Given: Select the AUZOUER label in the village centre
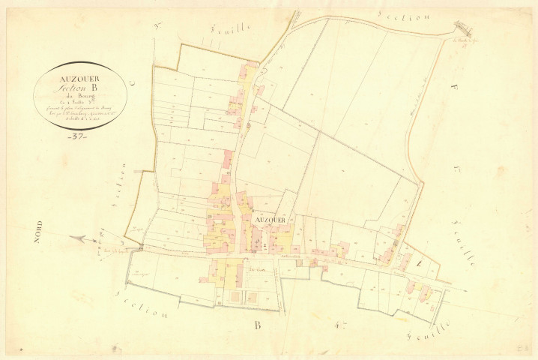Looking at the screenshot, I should coord(270,219).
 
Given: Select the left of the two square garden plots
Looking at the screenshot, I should coord(235,297).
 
